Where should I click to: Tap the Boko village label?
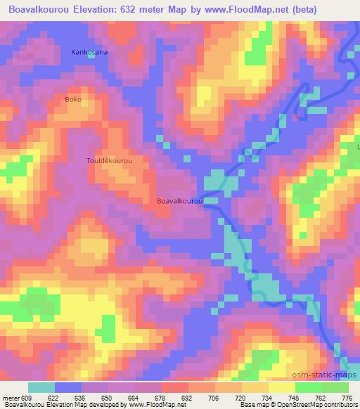click(73, 99)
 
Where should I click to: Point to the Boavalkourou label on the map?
click(180, 201)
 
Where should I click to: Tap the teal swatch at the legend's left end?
click(41, 388)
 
